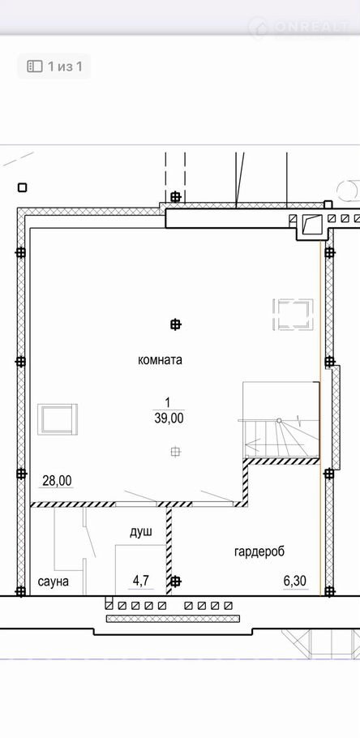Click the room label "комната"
pyautogui.click(x=160, y=361)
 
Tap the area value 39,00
pyautogui.click(x=169, y=418)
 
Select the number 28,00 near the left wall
pyautogui.click(x=57, y=481)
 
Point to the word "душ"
pyautogui.click(x=141, y=532)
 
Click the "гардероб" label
pyautogui.click(x=259, y=551)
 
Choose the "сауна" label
pyautogui.click(x=54, y=581)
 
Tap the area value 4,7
pyautogui.click(x=141, y=581)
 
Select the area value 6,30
pyautogui.click(x=295, y=581)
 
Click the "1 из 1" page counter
pyautogui.click(x=65, y=67)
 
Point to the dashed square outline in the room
pyautogui.click(x=294, y=314)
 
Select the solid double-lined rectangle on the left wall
pyautogui.click(x=58, y=419)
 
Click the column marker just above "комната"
pyautogui.click(x=175, y=324)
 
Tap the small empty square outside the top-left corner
pyautogui.click(x=22, y=187)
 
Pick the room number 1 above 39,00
pyautogui.click(x=167, y=403)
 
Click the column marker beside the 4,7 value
pyautogui.click(x=175, y=581)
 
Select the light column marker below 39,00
pyautogui.click(x=175, y=452)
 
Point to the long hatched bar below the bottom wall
pyautogui.click(x=172, y=619)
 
